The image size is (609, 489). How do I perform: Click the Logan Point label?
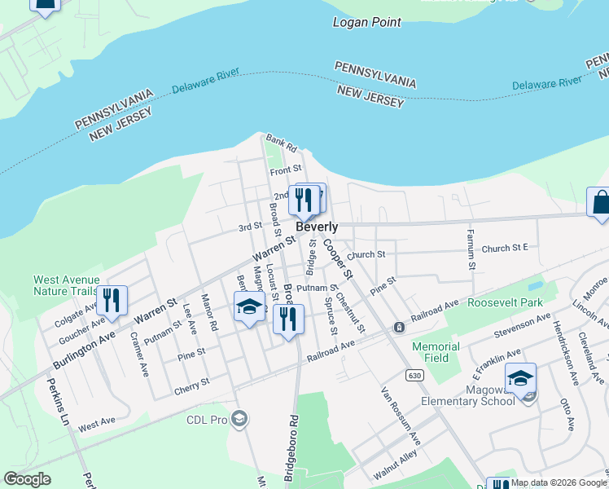[x=366, y=22]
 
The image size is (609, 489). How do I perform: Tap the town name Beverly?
[x=317, y=227]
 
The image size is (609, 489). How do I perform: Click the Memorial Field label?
[x=436, y=352]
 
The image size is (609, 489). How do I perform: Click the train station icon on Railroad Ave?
[x=399, y=328]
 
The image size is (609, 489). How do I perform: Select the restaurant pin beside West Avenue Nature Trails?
[x=111, y=300]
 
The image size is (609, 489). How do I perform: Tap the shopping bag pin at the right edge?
[x=599, y=202]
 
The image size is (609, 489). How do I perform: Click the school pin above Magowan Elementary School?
[x=520, y=377]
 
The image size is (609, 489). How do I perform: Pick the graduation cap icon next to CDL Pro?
[x=239, y=419]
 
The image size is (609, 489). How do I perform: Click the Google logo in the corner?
[x=27, y=479]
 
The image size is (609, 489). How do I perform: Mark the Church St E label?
[x=505, y=248]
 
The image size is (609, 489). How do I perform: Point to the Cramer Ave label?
[x=139, y=355]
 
